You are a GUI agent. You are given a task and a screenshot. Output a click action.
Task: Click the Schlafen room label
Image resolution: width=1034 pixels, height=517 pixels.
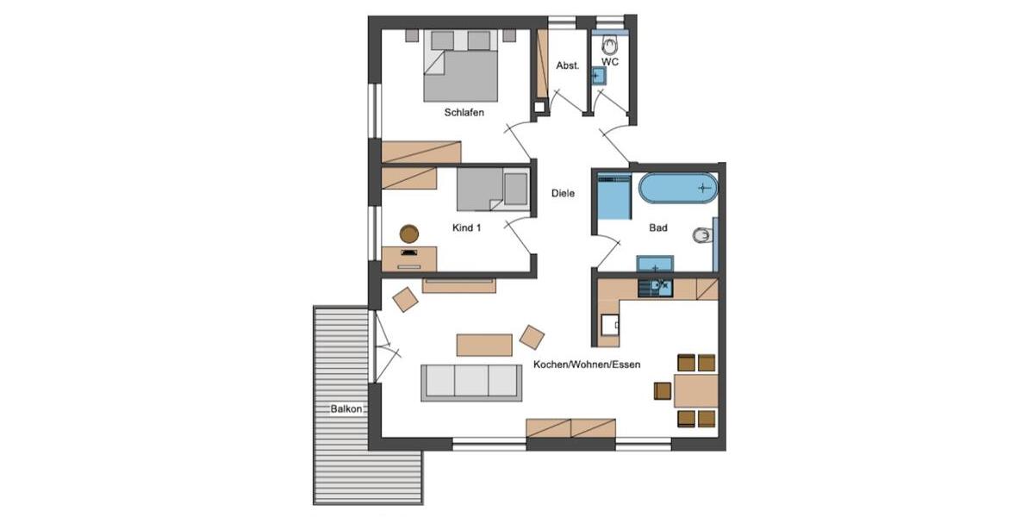pyautogui.click(x=464, y=113)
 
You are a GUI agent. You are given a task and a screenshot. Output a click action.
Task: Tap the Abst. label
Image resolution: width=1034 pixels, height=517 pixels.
pyautogui.click(x=567, y=65)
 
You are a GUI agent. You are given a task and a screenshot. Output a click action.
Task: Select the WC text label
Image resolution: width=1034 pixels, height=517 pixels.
pyautogui.click(x=610, y=62)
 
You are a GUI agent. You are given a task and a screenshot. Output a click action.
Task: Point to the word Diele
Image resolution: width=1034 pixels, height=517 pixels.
pyautogui.click(x=563, y=194)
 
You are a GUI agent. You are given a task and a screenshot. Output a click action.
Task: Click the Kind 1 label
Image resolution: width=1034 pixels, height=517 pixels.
pyautogui.click(x=466, y=228)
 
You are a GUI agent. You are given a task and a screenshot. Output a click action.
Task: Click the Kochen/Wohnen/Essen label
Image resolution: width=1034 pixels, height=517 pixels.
pyautogui.click(x=587, y=364)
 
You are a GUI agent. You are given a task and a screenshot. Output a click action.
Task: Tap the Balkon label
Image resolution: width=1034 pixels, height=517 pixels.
pyautogui.click(x=346, y=409)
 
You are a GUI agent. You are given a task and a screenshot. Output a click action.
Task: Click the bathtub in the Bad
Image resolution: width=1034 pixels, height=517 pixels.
pyautogui.click(x=677, y=188)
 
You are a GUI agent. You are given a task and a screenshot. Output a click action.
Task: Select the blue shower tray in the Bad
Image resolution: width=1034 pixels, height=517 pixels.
pyautogui.click(x=614, y=198)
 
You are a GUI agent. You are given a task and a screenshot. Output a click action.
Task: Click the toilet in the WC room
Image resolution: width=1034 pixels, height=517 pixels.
pyautogui.click(x=611, y=44)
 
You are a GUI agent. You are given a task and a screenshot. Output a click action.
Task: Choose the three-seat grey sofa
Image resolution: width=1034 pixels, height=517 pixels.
pyautogui.click(x=470, y=381)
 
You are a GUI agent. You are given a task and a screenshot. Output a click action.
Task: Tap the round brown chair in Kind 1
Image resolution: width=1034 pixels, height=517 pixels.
pyautogui.click(x=408, y=233)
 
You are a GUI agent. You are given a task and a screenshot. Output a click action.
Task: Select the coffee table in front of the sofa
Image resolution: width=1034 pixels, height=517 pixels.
pyautogui.click(x=484, y=345)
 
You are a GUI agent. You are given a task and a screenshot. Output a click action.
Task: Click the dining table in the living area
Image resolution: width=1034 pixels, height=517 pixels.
pyautogui.click(x=696, y=390)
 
